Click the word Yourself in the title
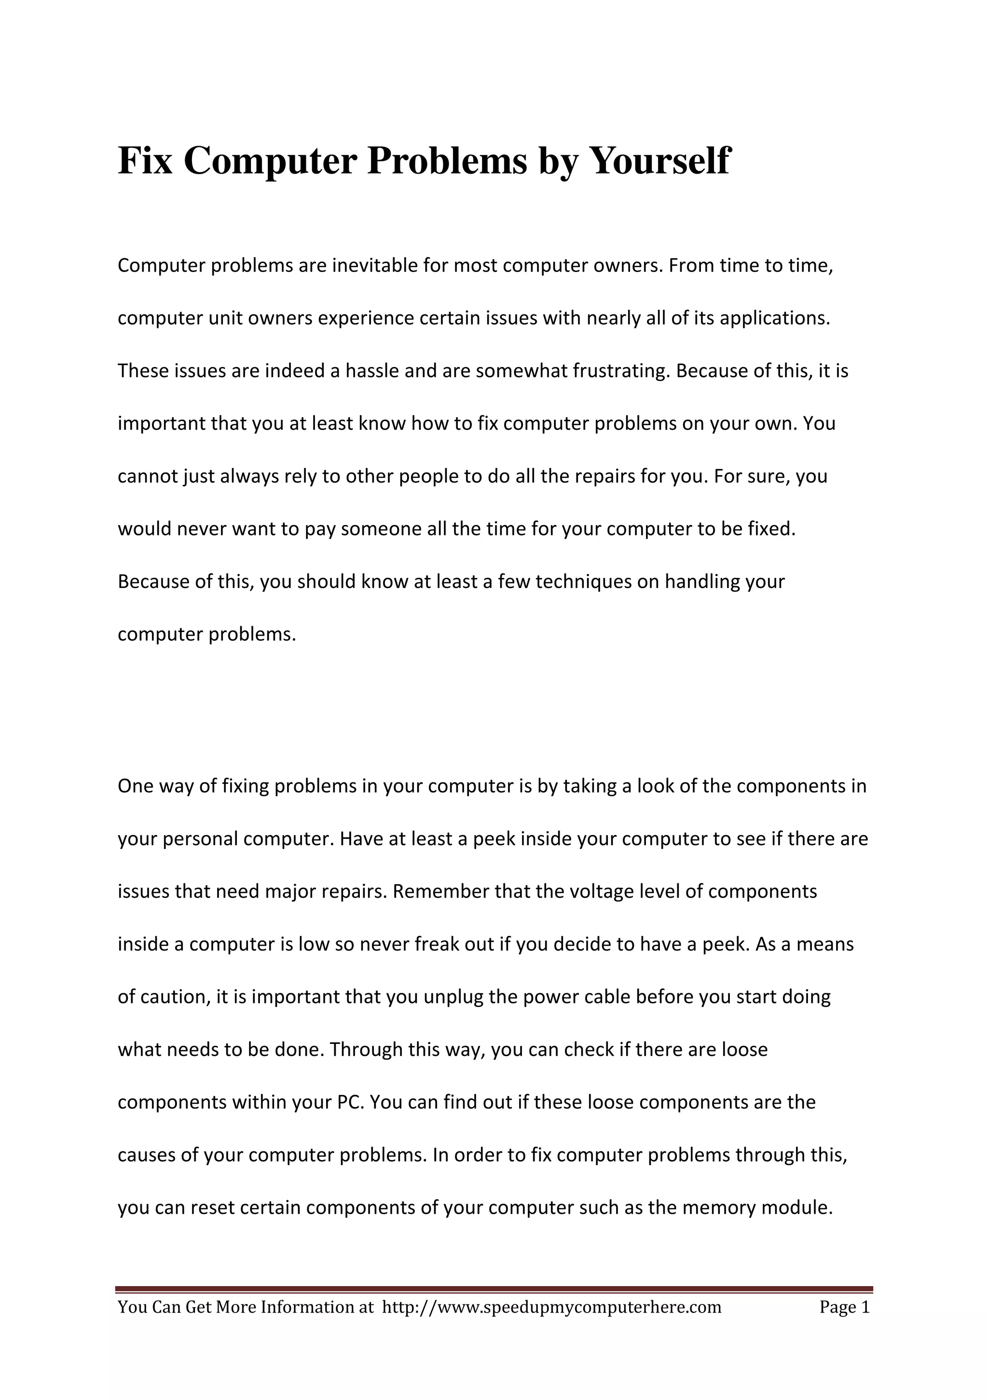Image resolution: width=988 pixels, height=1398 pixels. point(660,161)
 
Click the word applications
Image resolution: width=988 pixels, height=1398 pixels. point(775,318)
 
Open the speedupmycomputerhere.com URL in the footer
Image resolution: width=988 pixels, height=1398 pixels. point(551,1307)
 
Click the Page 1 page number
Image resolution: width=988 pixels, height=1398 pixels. point(844,1307)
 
